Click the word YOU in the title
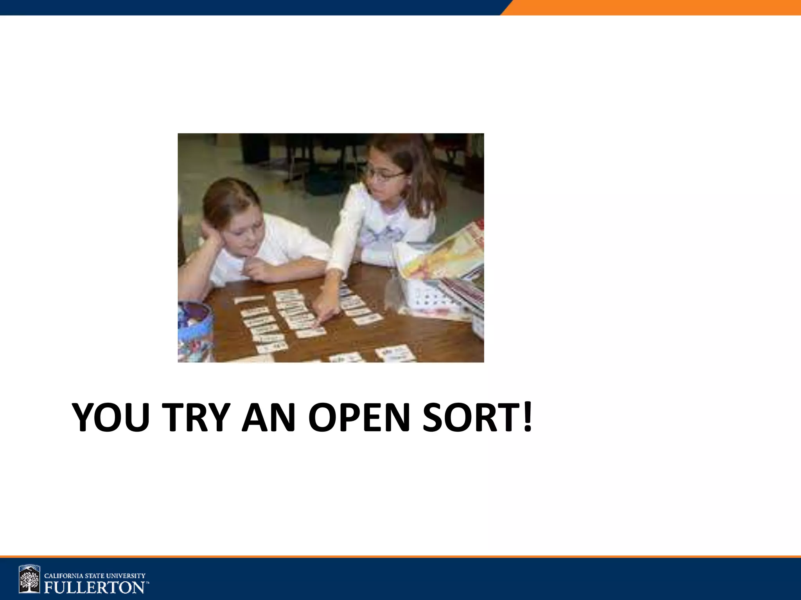tap(111, 417)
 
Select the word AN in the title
tap(268, 417)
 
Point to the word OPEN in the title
tap(359, 417)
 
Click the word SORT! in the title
tap(477, 417)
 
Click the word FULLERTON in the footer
tap(94, 587)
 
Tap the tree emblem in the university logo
tap(30, 579)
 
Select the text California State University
tap(95, 575)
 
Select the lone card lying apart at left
tap(249, 299)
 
